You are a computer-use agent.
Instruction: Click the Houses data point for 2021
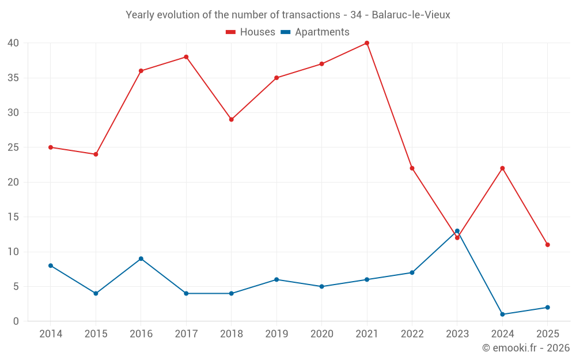[x=367, y=43]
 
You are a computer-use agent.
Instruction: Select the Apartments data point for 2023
[x=457, y=231]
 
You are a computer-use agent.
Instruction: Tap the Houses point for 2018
[x=231, y=120]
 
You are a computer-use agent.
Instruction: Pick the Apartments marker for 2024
[x=502, y=314]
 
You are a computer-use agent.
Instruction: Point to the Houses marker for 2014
[x=51, y=147]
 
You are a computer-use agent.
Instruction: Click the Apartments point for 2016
[x=141, y=259]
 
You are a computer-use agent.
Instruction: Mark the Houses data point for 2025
[x=548, y=245]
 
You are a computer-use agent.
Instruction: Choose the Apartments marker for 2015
[x=96, y=294]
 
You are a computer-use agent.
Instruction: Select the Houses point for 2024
[x=502, y=168]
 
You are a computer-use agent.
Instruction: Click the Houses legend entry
[x=251, y=32]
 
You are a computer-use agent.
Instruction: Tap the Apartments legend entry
[x=315, y=32]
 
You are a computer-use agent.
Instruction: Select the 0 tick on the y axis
[x=16, y=321]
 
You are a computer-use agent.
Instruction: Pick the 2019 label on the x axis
[x=276, y=334]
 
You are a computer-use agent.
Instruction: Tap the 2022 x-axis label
[x=412, y=334]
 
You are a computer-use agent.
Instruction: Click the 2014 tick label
[x=51, y=334]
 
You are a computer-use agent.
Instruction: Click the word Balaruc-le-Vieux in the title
[x=411, y=14]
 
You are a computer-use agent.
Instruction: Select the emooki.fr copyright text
[x=526, y=348]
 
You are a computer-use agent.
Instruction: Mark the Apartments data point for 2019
[x=276, y=279]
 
